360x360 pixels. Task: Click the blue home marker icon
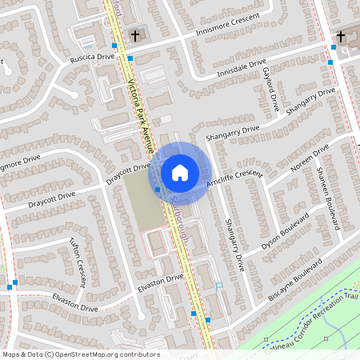pos(180,172)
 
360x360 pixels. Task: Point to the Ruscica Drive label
pos(92,58)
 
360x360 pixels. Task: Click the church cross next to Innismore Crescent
pos(135,36)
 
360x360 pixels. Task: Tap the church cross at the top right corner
pos(340,36)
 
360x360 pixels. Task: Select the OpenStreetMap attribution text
pos(81,354)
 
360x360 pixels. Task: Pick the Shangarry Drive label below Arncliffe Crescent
pos(234,243)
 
